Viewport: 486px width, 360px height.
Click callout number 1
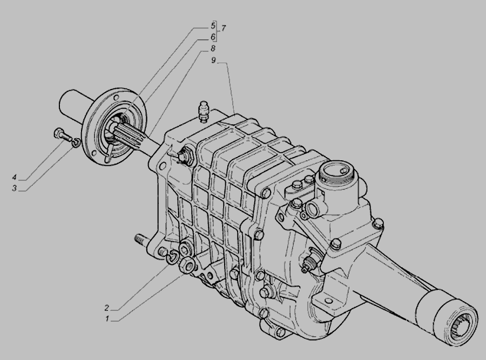coord(107,318)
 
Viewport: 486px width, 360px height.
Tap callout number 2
coord(107,308)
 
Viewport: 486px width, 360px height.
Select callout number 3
coord(14,188)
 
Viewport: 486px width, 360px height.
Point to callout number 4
coord(14,178)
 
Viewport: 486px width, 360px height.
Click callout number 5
coord(213,25)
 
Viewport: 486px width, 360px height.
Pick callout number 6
coord(213,37)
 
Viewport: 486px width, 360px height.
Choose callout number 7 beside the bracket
coord(223,28)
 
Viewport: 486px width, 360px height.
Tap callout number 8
coord(213,49)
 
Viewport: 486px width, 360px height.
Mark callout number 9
coord(213,60)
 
